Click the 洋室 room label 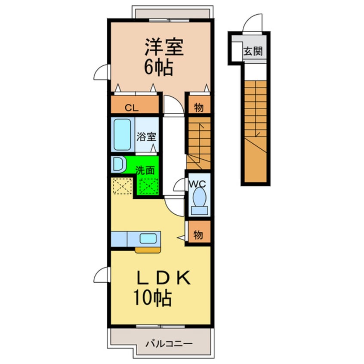point(164,47)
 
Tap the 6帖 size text point(159,67)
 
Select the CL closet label point(132,108)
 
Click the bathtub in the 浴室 point(122,134)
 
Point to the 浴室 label point(146,136)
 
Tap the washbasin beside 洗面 point(118,165)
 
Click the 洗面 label point(145,170)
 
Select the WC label point(197,184)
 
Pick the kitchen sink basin point(148,238)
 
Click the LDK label point(164,278)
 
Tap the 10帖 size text point(152,298)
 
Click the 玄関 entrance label point(253,51)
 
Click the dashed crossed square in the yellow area point(122,186)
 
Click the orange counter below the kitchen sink point(148,250)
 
